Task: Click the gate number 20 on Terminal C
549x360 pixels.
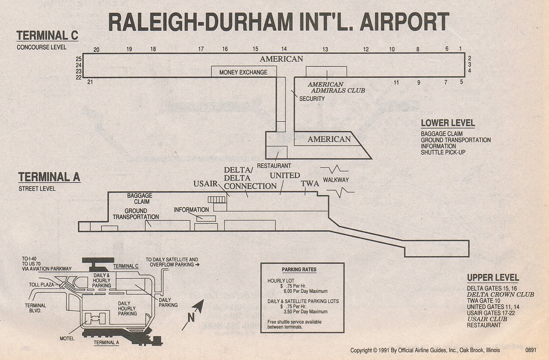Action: point(97,50)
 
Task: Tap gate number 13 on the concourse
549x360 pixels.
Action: point(325,49)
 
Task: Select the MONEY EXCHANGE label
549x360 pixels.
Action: point(243,72)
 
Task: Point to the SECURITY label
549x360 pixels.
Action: point(312,99)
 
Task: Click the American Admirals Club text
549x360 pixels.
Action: point(336,88)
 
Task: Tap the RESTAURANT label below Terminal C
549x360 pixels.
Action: point(274,166)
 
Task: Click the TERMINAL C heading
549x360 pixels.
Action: point(47,36)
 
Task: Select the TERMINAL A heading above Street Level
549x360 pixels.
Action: point(49,177)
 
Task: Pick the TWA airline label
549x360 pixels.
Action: point(310,184)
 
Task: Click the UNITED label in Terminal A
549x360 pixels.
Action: point(285,176)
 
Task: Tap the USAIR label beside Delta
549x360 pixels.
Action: point(205,184)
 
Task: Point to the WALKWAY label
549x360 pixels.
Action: point(336,180)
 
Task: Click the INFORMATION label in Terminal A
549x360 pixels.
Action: point(191,210)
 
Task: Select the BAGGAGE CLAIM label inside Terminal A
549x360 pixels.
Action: point(140,198)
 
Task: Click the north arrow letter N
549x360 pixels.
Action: point(191,318)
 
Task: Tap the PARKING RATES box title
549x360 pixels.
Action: point(299,270)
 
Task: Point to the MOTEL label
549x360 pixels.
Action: point(67,339)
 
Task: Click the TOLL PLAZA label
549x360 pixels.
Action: point(42,285)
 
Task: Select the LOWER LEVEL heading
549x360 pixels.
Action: point(448,123)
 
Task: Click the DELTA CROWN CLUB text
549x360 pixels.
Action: point(500,294)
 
